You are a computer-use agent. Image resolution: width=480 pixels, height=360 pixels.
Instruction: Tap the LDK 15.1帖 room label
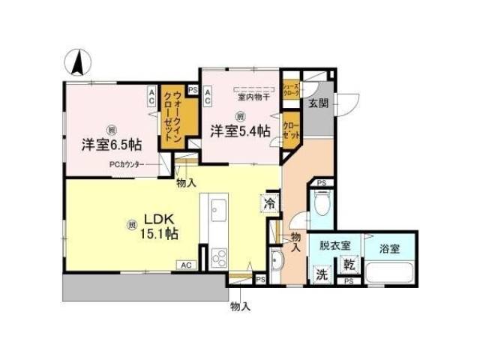[160, 226]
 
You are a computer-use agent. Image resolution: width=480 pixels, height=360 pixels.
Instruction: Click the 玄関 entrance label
[315, 103]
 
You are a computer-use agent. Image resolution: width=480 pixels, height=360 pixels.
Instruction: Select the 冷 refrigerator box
[268, 202]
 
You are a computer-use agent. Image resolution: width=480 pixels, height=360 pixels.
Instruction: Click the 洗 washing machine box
[322, 273]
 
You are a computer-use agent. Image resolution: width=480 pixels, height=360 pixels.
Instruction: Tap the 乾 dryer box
[349, 264]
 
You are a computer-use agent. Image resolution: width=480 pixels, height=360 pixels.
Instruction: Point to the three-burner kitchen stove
[218, 259]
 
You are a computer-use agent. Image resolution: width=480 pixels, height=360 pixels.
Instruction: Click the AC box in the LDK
[185, 265]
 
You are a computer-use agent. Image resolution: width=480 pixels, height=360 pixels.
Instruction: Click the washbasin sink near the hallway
[277, 262]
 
